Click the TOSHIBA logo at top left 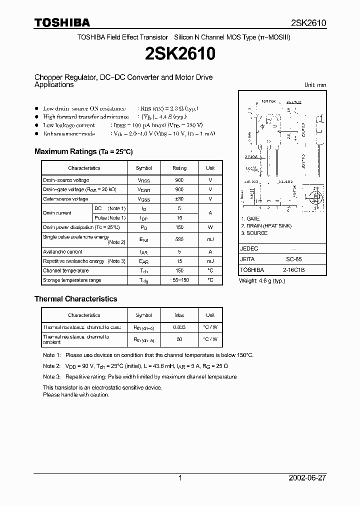coord(62,22)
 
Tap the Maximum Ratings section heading coord(83,151)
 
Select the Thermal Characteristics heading coord(75,299)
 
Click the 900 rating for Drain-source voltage coord(179,180)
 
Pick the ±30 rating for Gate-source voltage coord(179,199)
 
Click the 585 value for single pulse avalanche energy coord(179,239)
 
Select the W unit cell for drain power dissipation coord(210,227)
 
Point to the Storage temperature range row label coord(72,280)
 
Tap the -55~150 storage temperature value coord(179,280)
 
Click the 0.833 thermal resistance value coord(179,327)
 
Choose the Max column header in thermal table coord(179,315)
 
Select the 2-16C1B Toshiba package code coord(293,270)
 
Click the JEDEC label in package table coord(249,248)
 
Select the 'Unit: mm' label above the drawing coord(315,85)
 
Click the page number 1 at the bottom coord(180,478)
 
